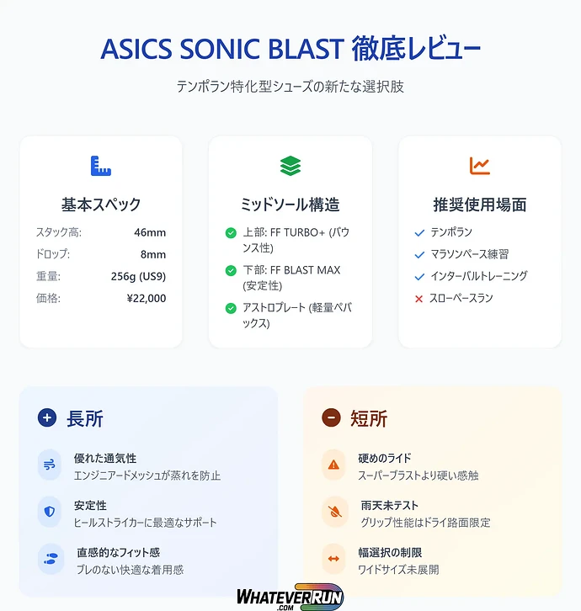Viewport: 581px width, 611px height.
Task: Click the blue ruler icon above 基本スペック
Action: (100, 166)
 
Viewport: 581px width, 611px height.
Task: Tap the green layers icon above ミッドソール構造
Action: (290, 166)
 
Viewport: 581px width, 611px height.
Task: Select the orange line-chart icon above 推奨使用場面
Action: (480, 166)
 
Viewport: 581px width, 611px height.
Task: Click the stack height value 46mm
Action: (150, 232)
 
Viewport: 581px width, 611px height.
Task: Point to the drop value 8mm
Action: (153, 254)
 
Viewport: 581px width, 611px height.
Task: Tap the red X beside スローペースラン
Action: (419, 298)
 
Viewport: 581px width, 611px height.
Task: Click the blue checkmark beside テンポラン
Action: (419, 232)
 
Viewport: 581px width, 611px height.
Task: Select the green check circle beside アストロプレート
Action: (231, 308)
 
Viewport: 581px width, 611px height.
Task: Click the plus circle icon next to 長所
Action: (47, 417)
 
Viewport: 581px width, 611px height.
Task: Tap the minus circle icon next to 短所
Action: (331, 417)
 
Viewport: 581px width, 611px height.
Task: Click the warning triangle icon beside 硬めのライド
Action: (333, 465)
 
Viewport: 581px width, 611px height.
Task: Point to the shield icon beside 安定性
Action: (50, 512)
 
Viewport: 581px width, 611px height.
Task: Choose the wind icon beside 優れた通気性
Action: (50, 465)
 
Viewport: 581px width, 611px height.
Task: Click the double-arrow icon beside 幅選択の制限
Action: (333, 559)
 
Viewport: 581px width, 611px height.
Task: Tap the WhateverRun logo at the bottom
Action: (290, 596)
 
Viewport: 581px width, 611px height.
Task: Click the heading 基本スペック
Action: (101, 205)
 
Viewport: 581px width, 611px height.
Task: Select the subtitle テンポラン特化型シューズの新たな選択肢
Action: (290, 87)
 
